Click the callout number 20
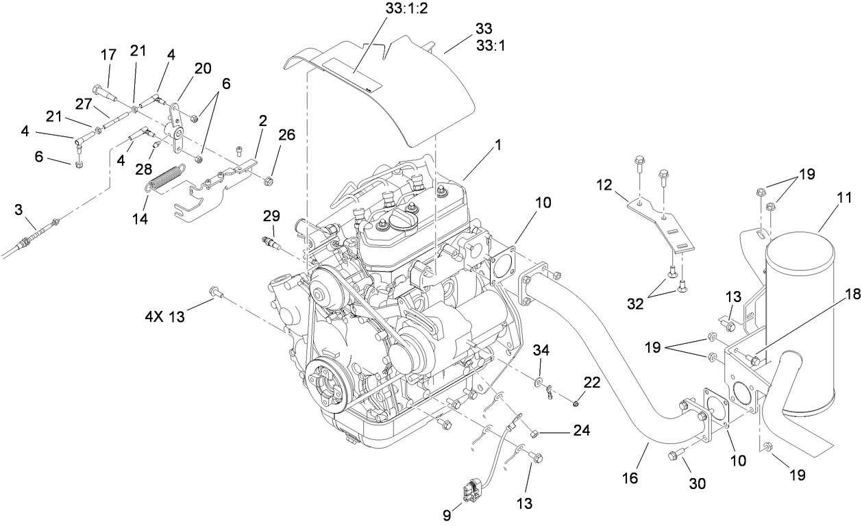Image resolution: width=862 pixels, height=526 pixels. pos(203,68)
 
